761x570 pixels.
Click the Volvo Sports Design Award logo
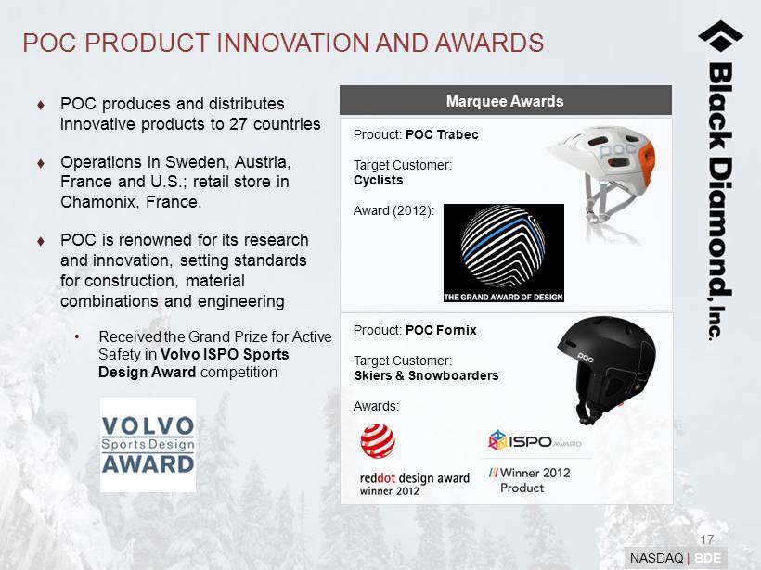tap(148, 445)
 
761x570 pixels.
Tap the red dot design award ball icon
tap(378, 441)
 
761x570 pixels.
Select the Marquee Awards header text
tap(505, 101)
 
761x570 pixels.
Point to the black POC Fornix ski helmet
tap(606, 369)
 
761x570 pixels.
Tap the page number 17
tap(706, 539)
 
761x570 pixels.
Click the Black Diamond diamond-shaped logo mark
tap(721, 36)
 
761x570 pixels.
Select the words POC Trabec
tap(442, 134)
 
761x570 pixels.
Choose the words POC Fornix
tap(441, 330)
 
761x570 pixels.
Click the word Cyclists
tap(378, 181)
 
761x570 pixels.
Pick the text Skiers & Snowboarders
tap(427, 375)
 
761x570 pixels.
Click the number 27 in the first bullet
tap(239, 124)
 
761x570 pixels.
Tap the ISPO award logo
tap(535, 440)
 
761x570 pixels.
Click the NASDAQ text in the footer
tap(656, 558)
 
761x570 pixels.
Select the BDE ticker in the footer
tap(707, 558)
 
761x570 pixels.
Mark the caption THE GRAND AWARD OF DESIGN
tap(503, 297)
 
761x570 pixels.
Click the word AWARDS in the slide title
tap(489, 43)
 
